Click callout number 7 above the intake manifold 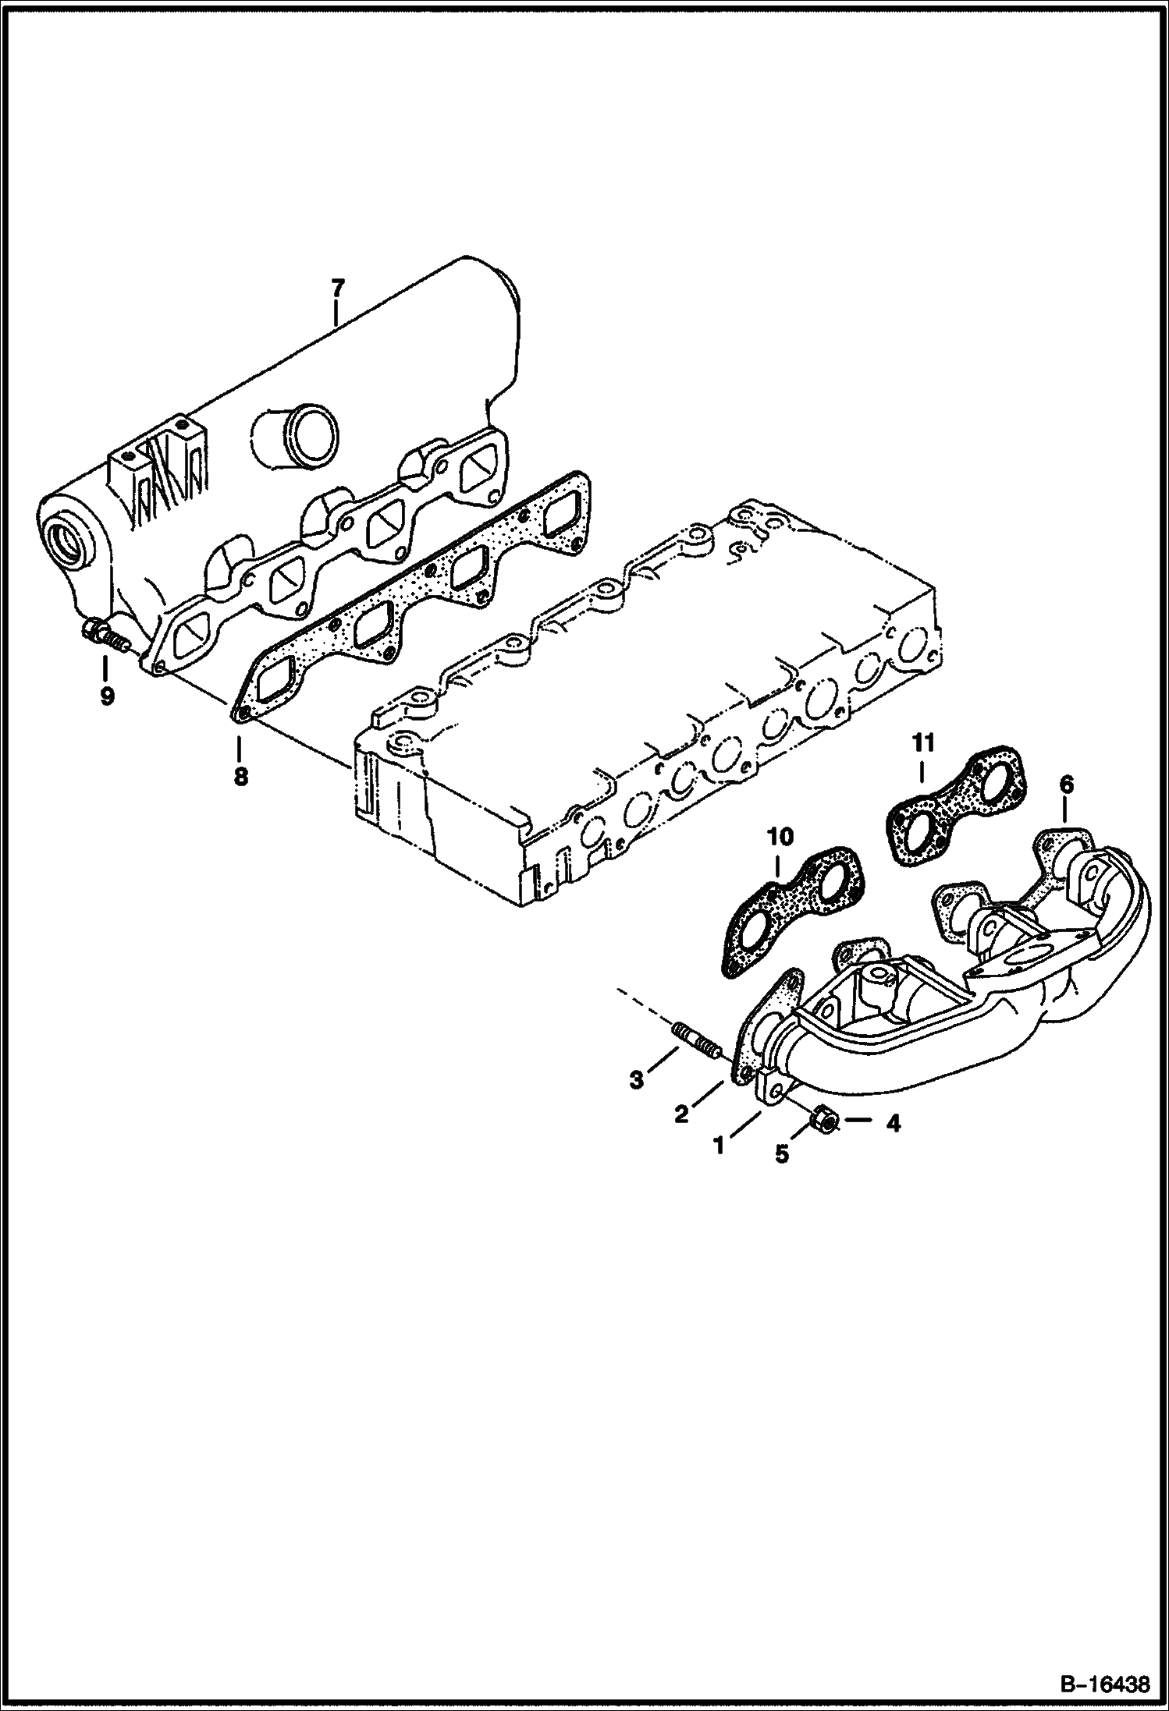336,289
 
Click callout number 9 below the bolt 107,695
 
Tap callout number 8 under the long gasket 240,776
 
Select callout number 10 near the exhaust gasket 780,838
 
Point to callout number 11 924,745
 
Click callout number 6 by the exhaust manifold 1066,785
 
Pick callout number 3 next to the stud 637,1080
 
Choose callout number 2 681,1114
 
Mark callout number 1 719,1145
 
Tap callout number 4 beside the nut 893,1124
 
